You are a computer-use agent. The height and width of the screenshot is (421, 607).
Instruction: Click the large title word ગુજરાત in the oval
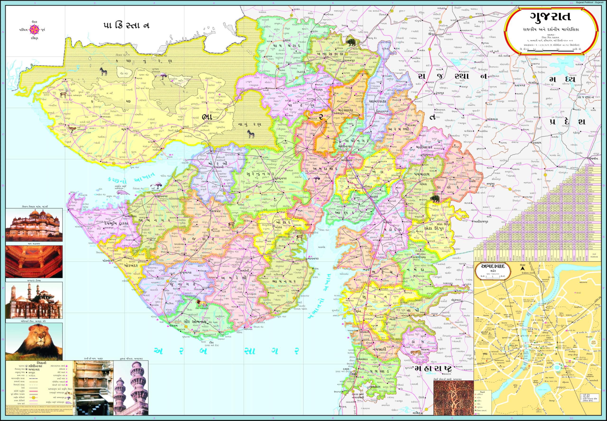coord(551,17)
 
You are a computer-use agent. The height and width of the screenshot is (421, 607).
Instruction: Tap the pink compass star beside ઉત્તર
coord(34,30)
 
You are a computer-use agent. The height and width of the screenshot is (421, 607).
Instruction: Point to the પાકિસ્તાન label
coord(126,26)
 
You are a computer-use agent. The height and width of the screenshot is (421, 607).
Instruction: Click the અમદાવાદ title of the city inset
coord(492,266)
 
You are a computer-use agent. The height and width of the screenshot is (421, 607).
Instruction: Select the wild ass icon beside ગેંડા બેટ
coord(103,71)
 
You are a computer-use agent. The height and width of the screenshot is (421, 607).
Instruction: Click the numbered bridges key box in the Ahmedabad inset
coord(589,398)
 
